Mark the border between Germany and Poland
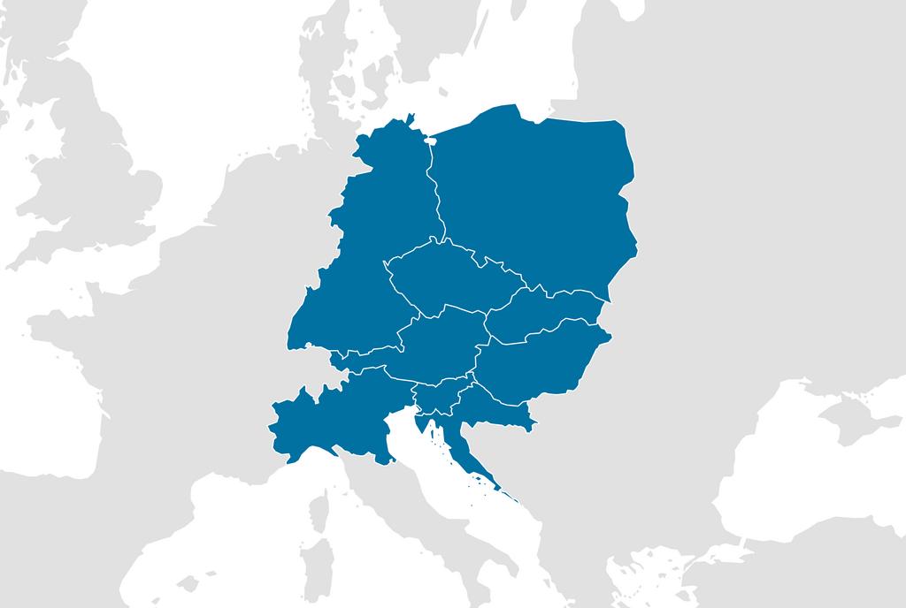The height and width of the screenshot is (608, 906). [x=435, y=194]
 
